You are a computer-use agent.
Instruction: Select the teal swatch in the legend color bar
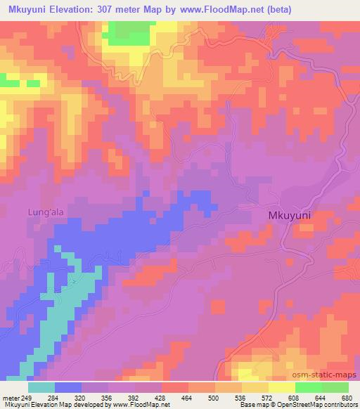pyautogui.click(x=41, y=387)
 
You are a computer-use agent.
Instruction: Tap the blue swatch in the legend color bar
pyautogui.click(x=68, y=387)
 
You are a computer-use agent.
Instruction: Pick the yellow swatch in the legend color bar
pyautogui.click(x=281, y=387)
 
